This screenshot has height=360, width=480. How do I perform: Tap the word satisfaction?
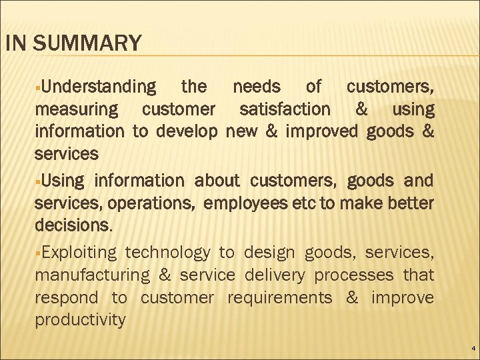284,109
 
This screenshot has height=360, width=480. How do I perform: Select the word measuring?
77,109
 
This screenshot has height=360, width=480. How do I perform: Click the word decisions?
73,225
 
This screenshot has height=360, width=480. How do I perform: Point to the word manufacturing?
91,275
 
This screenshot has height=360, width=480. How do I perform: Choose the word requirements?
279,297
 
